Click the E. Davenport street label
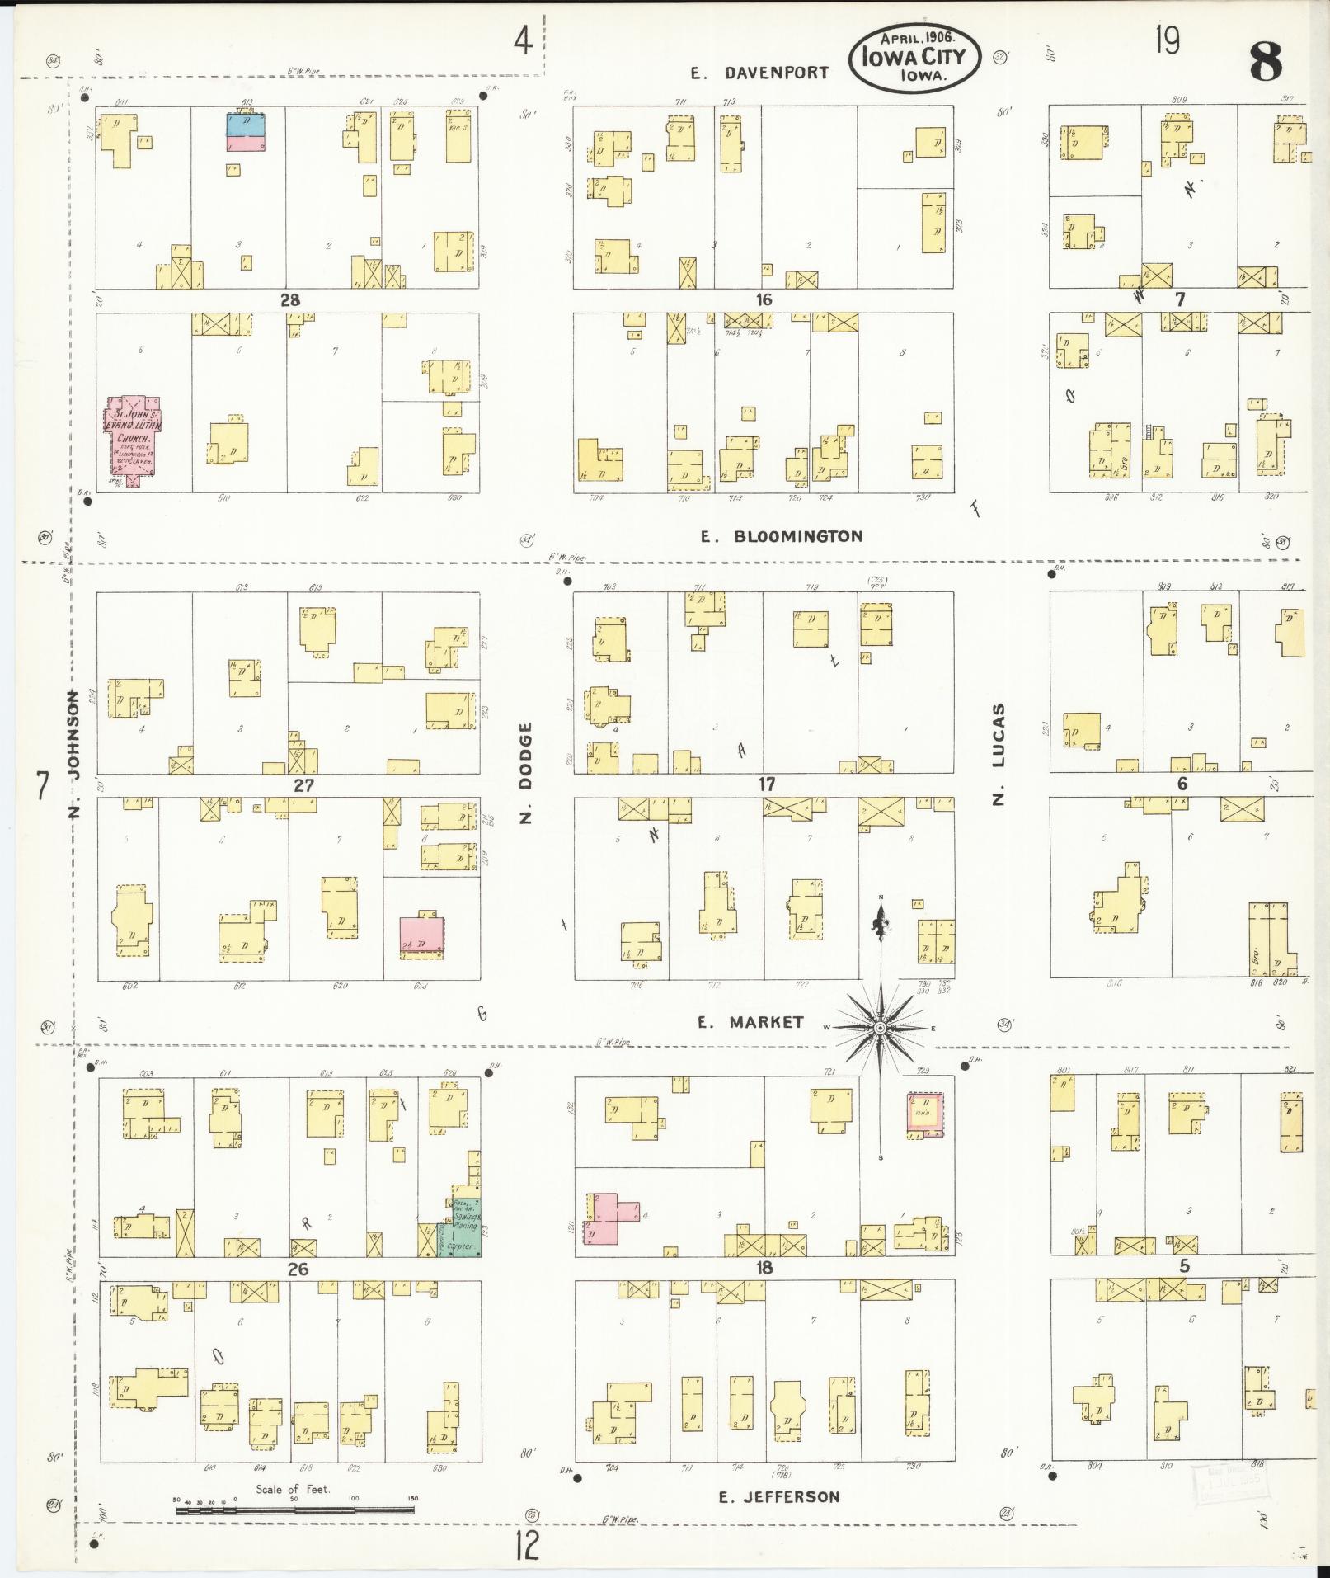click(759, 73)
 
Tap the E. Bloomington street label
click(781, 536)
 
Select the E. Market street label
click(750, 1022)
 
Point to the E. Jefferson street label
click(779, 1496)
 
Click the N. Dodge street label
click(527, 773)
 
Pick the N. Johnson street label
click(73, 756)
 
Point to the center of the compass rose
click(880, 1027)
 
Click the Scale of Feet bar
click(294, 1511)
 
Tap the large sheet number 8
click(1266, 62)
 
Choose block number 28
click(290, 300)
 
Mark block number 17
click(767, 784)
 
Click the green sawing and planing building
click(465, 1227)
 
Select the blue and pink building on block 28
click(247, 132)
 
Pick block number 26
click(298, 1269)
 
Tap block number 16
click(764, 300)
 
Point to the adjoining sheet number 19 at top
click(1167, 40)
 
